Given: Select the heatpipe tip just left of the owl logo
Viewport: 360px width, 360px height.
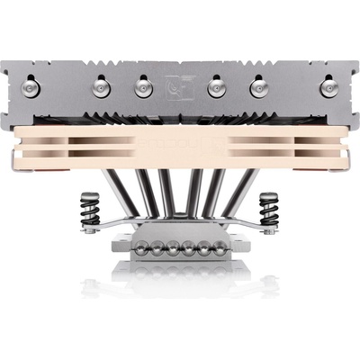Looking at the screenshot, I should point(142,87).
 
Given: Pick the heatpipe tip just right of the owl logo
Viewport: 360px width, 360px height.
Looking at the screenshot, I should point(216,87).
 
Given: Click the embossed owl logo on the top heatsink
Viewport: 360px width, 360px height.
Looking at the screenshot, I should point(179,85).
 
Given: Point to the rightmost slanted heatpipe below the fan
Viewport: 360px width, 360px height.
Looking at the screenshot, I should point(236,193).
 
